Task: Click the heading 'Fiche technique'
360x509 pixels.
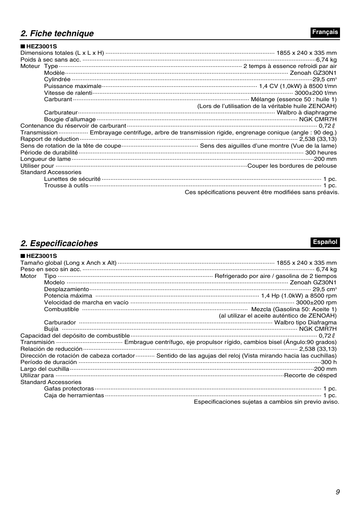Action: [57, 34]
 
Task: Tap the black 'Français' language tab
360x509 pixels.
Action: [325, 32]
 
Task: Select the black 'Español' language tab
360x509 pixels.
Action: [325, 242]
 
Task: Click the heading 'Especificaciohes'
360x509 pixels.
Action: [59, 244]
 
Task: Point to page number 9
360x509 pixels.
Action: [337, 492]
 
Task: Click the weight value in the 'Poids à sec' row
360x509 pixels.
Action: [326, 60]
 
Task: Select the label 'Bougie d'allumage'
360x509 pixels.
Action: [70, 119]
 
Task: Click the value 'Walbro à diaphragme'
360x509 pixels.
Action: [306, 113]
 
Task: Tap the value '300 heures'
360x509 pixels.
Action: [321, 153]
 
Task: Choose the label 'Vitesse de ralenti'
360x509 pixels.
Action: [68, 93]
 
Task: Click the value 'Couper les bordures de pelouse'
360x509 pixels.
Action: [292, 166]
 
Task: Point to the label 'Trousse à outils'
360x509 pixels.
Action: [66, 185]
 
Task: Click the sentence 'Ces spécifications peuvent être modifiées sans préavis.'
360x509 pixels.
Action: [262, 192]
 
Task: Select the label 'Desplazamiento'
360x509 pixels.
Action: [66, 289]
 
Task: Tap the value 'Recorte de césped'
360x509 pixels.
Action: [310, 375]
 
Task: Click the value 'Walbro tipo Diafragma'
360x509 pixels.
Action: [305, 322]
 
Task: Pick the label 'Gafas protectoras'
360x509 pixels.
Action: [69, 389]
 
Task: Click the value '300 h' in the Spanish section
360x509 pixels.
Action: [329, 362]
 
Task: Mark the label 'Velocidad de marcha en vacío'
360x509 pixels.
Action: [86, 302]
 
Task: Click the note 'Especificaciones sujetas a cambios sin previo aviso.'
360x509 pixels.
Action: [266, 402]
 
